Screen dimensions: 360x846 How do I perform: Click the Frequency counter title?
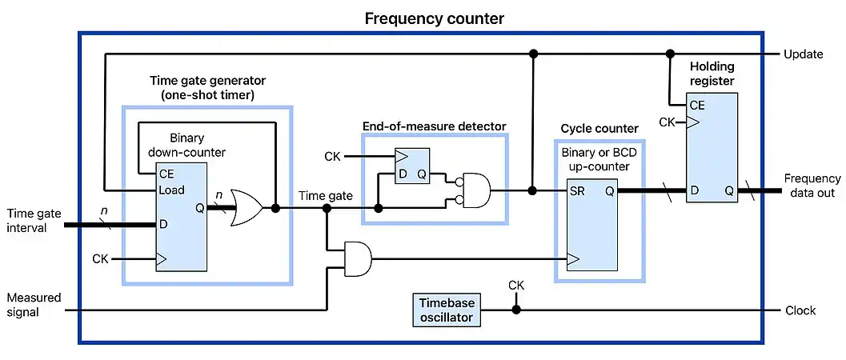coord(435,18)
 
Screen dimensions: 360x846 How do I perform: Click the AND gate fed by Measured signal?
coord(358,259)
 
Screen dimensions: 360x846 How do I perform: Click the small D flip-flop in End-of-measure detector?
coord(412,166)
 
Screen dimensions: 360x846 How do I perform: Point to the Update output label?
coord(803,54)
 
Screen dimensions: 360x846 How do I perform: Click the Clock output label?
coord(800,310)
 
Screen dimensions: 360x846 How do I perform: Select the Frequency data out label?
coord(812,186)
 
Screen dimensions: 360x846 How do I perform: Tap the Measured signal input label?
coord(34,304)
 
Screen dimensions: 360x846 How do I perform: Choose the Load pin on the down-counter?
coord(171,190)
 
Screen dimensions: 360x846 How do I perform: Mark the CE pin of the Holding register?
coord(698,105)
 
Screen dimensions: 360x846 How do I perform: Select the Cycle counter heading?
coord(599,128)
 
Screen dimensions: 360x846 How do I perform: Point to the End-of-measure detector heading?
coord(435,126)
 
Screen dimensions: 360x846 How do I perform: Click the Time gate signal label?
coord(325,195)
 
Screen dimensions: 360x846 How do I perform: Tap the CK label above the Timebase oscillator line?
coord(516,285)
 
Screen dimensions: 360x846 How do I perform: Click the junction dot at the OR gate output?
coord(275,208)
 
